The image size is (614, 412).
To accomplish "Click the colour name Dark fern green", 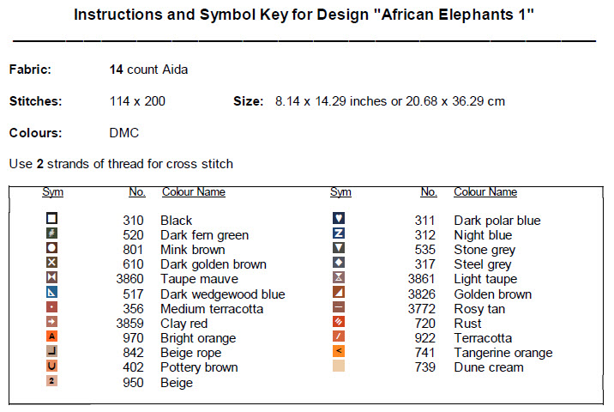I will pos(204,235).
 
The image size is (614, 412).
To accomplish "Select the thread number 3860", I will pos(129,279).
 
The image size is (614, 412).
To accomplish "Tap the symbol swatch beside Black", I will pos(51,220).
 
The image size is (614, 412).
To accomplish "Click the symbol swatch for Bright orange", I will pos(51,337).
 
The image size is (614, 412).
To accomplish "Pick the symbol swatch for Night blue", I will pos(338,234).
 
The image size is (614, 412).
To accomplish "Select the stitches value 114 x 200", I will pos(137,101).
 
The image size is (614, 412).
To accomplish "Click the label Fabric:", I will pos(30,69).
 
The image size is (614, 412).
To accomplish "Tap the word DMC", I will pos(124,133).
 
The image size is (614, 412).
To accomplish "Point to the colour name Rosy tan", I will pos(479,309).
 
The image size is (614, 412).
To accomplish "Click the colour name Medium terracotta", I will pos(213,309).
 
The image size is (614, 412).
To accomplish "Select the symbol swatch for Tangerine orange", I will pos(338,352).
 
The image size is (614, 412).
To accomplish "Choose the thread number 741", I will pos(424,353).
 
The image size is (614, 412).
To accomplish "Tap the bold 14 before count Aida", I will pos(117,69).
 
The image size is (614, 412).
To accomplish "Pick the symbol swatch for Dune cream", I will pos(338,367).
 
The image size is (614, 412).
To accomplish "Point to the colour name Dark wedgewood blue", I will pos(222,294).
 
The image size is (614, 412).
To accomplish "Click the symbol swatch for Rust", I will pos(338,323).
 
